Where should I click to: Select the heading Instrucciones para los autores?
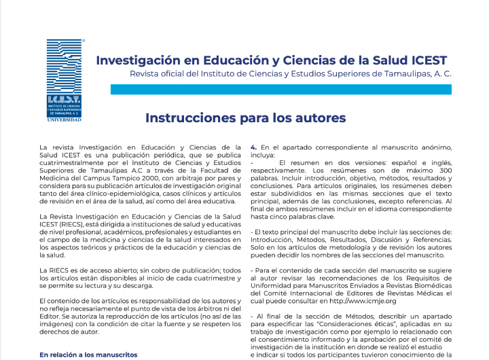click(x=245, y=118)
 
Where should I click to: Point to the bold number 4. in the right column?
click(x=254, y=147)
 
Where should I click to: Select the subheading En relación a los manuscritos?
click(x=88, y=355)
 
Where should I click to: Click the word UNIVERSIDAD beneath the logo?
click(x=65, y=120)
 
